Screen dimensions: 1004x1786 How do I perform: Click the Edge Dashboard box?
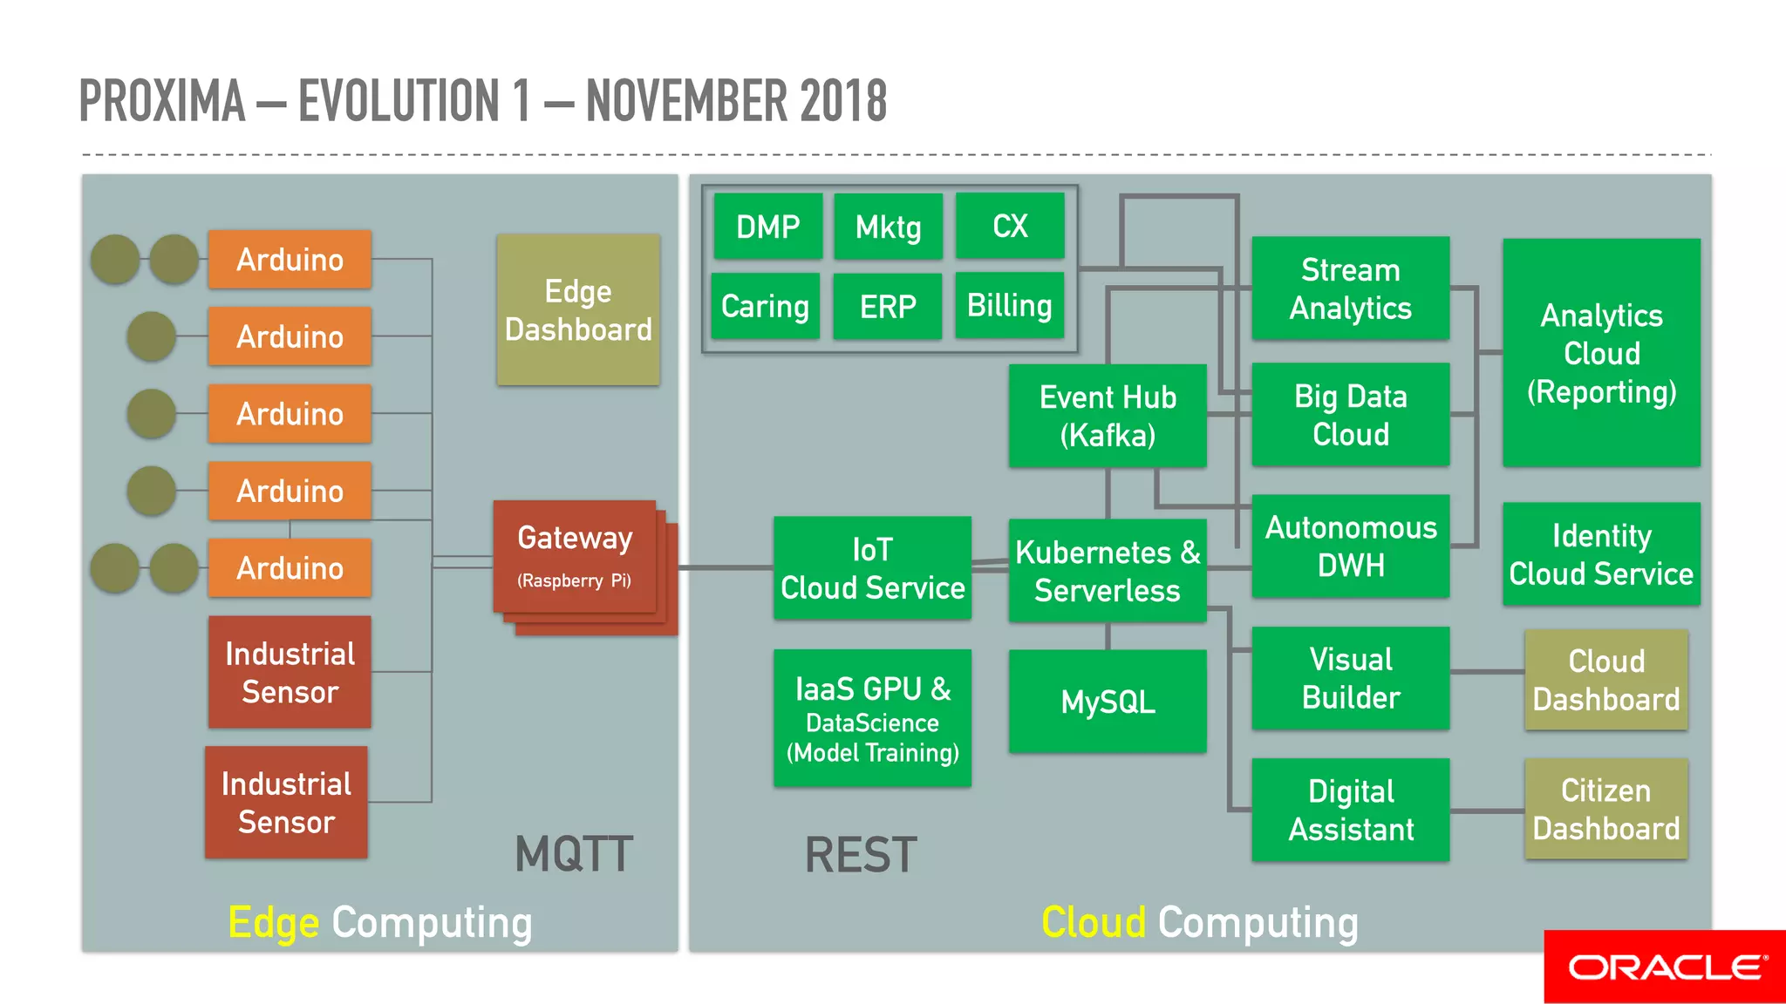click(578, 309)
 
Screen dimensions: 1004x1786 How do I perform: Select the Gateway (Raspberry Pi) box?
click(575, 556)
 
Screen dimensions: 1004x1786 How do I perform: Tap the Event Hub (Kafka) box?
click(1108, 416)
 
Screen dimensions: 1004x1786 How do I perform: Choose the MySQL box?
click(1108, 702)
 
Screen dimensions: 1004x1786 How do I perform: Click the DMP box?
click(767, 227)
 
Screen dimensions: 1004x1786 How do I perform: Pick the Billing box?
click(1009, 306)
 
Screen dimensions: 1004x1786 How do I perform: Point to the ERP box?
click(887, 307)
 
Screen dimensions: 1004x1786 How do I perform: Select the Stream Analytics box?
click(1350, 288)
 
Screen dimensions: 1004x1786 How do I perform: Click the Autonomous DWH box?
click(1350, 546)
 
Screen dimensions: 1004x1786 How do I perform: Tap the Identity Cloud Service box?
click(1601, 554)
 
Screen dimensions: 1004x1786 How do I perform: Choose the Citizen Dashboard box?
click(1605, 809)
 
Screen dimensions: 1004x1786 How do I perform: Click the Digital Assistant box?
click(1350, 810)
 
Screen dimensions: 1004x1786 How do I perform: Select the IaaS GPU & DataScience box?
click(872, 718)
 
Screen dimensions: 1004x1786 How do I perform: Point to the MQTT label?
click(574, 854)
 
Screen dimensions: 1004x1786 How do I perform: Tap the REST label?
click(860, 855)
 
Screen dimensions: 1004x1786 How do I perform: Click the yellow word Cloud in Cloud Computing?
click(1094, 922)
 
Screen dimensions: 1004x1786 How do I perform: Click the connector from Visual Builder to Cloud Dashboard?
click(1487, 672)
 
